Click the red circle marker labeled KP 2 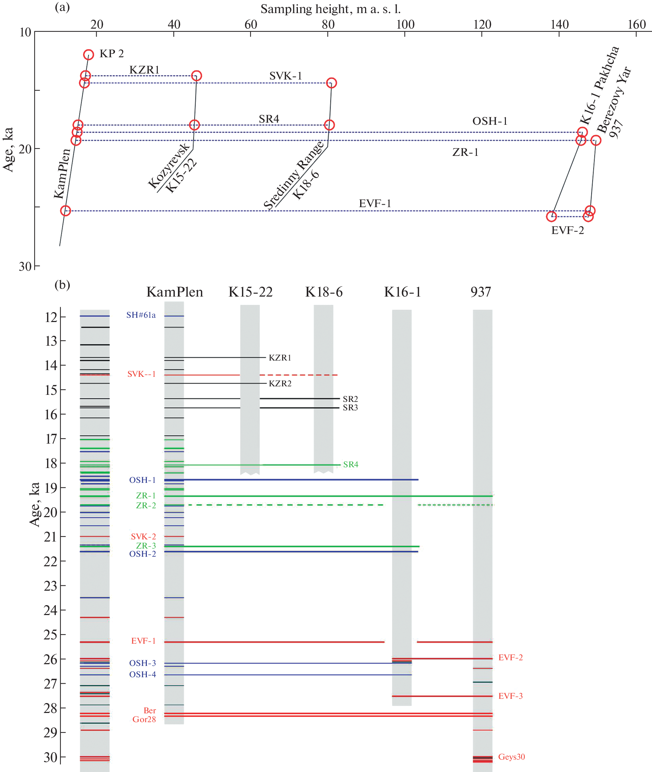pos(88,55)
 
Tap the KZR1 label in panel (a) pos(144,70)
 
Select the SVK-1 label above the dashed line pos(285,76)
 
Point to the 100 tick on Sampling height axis pos(405,25)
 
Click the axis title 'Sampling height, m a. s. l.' pos(330,9)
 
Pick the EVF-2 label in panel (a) pos(567,230)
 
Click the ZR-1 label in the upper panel pos(465,152)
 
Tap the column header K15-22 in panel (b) pos(250,292)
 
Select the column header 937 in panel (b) pos(480,292)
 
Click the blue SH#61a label pos(141,315)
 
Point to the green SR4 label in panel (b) pos(350,464)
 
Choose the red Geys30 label pos(511,756)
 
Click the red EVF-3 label pos(510,696)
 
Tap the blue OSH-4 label pos(142,674)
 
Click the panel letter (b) pos(62,285)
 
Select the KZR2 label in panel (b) pos(280,384)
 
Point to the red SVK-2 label pos(143,536)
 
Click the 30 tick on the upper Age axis pos(25,266)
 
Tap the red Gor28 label pos(144,719)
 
